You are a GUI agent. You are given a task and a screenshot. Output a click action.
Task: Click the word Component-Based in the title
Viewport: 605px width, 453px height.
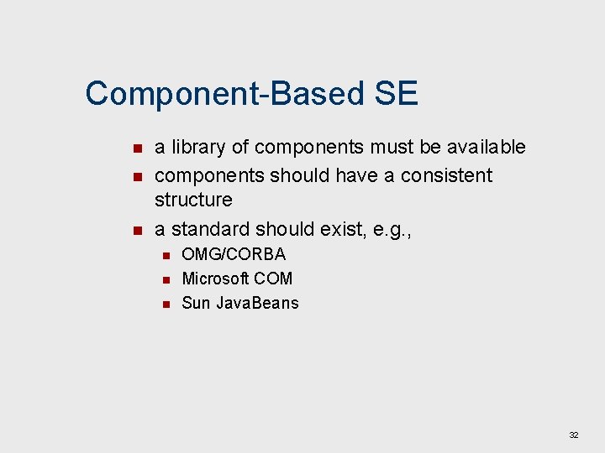224,94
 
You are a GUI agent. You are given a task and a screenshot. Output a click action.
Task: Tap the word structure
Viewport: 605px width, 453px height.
193,200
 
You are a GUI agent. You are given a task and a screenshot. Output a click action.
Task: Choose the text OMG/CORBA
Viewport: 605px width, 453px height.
234,254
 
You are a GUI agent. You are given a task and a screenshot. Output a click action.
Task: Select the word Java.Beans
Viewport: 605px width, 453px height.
257,303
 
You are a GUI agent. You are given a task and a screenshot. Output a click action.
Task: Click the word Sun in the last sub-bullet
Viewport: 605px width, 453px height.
196,303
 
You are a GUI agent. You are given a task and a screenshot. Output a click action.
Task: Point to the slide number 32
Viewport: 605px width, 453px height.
574,435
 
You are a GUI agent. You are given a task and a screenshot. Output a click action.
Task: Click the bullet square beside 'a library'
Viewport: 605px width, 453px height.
138,149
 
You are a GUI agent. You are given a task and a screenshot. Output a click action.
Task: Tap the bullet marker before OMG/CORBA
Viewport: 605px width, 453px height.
166,255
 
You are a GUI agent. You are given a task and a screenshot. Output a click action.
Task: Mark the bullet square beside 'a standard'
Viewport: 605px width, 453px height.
138,231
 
